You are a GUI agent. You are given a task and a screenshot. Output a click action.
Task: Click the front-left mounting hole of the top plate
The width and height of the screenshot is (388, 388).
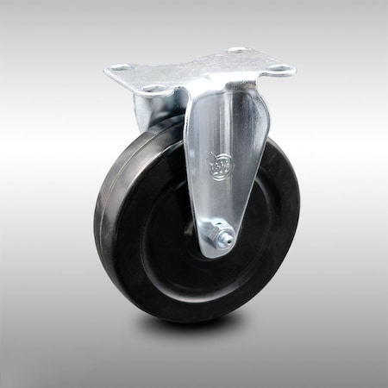coord(153,88)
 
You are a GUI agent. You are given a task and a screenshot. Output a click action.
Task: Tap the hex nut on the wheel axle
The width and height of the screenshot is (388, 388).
coord(222,235)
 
